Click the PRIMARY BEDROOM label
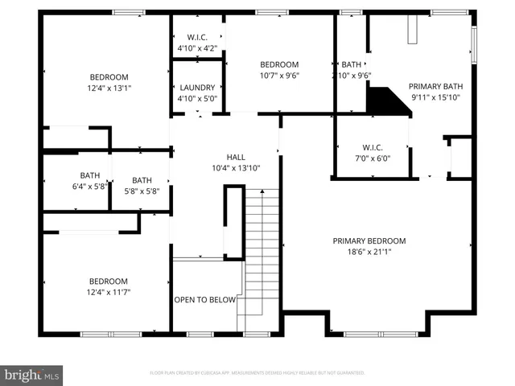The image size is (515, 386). click(x=369, y=240)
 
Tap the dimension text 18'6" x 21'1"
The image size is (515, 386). click(x=369, y=252)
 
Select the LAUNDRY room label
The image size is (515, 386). click(x=197, y=88)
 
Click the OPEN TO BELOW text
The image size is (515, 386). click(x=205, y=300)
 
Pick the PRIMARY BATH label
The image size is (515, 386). click(x=436, y=86)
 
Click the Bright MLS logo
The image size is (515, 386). click(x=32, y=375)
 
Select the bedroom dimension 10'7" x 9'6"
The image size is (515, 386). click(x=279, y=76)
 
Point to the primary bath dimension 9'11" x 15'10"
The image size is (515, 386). click(x=436, y=97)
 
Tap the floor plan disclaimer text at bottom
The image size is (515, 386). click(x=257, y=373)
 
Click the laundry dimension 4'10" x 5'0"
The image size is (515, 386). click(x=197, y=98)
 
